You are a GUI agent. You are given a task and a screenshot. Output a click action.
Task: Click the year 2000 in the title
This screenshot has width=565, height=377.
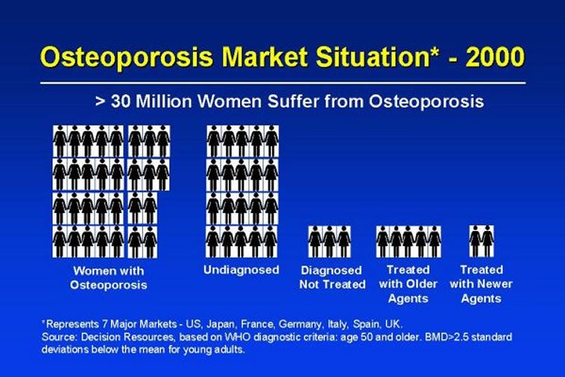(495, 57)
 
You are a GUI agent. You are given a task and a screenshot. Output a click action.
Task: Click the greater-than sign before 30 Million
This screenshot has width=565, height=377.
(99, 102)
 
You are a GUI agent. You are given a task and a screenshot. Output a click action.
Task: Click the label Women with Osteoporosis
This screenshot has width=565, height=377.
(108, 278)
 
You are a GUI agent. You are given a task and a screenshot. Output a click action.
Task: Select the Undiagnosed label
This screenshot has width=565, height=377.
(241, 270)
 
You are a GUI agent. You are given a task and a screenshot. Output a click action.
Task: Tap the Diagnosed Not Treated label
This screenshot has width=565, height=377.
(333, 278)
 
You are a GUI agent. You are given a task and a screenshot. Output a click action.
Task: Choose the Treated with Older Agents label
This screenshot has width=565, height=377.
(408, 284)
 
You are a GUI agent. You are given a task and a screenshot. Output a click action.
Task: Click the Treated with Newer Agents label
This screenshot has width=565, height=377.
(481, 284)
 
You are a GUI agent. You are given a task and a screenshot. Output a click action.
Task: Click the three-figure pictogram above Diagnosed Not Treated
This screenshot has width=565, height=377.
(330, 242)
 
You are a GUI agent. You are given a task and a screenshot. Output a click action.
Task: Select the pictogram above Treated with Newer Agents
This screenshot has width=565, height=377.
(481, 242)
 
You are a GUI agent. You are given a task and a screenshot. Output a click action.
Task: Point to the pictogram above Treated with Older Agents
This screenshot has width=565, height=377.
(408, 242)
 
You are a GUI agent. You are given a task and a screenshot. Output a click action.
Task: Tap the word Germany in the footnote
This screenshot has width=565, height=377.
(301, 325)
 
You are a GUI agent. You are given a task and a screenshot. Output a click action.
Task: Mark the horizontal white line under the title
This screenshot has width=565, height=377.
(282, 83)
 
